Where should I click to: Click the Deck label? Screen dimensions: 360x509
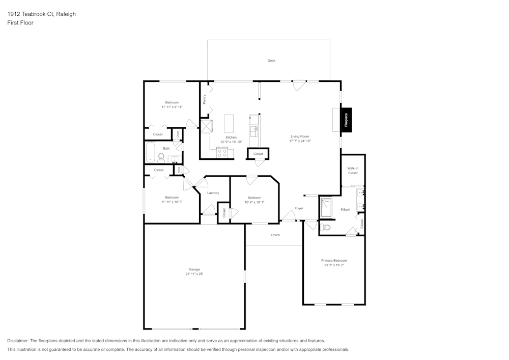click(271, 61)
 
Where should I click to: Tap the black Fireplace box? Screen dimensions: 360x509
click(346, 120)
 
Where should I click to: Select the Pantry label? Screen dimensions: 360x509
click(205, 99)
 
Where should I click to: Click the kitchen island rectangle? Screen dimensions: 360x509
click(229, 123)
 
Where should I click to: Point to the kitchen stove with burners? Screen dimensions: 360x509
click(222, 152)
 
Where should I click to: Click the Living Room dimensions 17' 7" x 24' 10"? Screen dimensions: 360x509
click(300, 141)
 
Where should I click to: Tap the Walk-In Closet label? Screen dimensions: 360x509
click(353, 170)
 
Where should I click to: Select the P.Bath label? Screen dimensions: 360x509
click(345, 210)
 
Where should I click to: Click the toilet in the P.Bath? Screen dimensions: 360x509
click(326, 227)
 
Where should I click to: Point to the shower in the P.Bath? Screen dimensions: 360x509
click(325, 208)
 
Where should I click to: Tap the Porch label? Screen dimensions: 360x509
click(275, 235)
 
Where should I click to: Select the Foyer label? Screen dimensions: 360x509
click(299, 208)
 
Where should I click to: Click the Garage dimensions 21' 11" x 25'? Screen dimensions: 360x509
click(194, 274)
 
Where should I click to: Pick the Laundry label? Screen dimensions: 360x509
click(213, 193)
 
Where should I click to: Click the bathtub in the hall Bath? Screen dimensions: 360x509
click(151, 152)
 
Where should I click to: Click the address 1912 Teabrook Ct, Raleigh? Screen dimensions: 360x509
click(41, 14)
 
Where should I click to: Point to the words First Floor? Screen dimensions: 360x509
click(20, 23)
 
